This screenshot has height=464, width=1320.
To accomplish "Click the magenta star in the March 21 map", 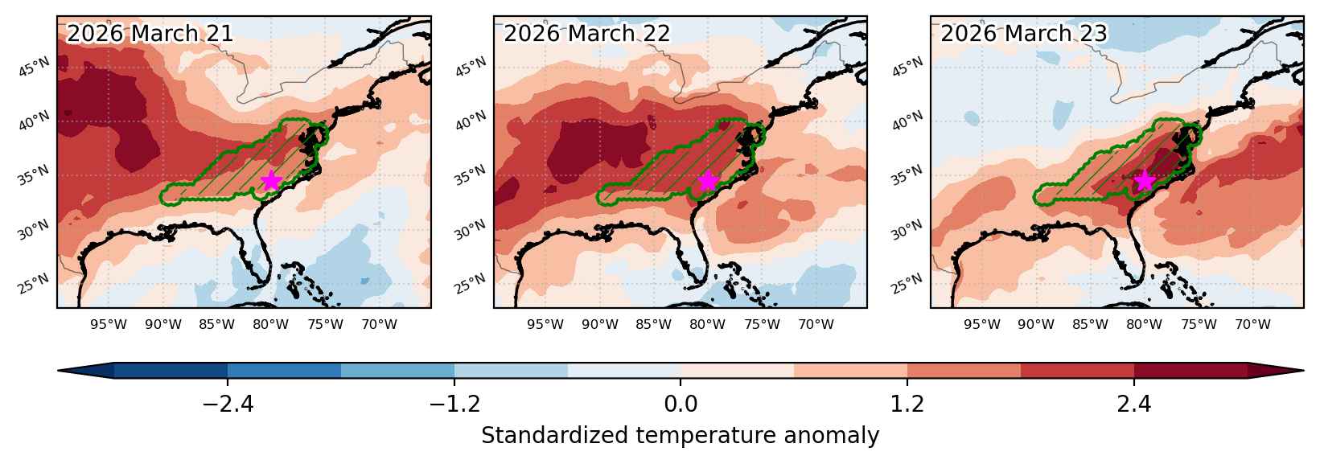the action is point(270,180).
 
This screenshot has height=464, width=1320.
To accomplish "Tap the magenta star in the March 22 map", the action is point(708,181).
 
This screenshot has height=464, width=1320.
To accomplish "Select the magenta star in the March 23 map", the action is point(1145,181).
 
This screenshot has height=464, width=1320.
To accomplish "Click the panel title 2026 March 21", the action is point(150,34).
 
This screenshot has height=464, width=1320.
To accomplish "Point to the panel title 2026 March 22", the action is point(587,34).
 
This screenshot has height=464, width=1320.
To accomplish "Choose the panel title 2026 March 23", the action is point(1024,34).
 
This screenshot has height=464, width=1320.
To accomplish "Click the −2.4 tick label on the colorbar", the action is point(228,404).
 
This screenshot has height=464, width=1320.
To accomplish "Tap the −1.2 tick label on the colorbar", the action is point(454,404).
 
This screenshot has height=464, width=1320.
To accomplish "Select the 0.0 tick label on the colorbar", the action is point(681,404).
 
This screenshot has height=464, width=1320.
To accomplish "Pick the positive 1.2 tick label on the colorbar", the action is point(907,404).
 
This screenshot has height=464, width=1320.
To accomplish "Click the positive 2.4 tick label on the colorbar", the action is point(1134,404).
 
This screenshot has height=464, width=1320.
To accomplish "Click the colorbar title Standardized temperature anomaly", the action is point(680,436).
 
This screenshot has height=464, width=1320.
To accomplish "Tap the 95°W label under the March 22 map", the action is point(545,324).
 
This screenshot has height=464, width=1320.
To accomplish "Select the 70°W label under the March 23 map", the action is point(1252,324).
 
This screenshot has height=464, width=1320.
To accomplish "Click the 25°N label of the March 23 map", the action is point(907,284).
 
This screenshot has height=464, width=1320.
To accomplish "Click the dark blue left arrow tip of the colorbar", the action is point(59,371).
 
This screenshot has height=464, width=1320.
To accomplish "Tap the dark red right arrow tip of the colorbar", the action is point(1303,371).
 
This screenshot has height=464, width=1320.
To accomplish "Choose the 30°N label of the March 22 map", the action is point(471,230).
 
